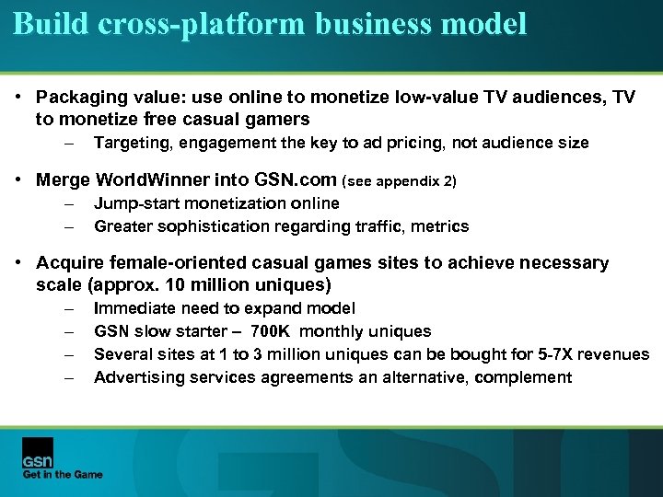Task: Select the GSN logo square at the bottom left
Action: [38, 453]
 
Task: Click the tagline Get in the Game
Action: [63, 475]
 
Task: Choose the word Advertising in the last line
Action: [138, 377]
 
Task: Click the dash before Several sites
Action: [69, 354]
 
